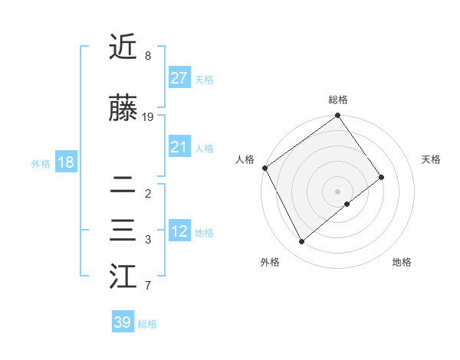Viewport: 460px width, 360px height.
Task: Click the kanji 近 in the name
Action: click(123, 47)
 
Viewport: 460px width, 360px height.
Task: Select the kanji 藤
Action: click(123, 110)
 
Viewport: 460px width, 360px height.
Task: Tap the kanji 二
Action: click(123, 185)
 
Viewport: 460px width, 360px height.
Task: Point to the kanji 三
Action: click(123, 231)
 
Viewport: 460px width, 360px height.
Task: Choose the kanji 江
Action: click(123, 277)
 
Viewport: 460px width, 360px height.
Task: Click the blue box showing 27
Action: click(179, 77)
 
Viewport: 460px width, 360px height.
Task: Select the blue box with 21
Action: click(179, 147)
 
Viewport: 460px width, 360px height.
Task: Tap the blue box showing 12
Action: click(179, 231)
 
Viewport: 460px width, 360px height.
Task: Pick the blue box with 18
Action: click(65, 162)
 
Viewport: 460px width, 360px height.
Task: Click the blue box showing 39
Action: click(123, 322)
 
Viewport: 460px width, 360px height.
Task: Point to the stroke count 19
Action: click(148, 117)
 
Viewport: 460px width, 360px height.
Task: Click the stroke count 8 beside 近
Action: click(147, 56)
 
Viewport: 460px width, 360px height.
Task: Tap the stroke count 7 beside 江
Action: click(147, 286)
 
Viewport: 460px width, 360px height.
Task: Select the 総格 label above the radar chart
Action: click(337, 100)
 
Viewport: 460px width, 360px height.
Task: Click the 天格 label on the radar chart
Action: click(431, 159)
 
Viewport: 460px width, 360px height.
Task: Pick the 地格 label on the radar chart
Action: click(402, 262)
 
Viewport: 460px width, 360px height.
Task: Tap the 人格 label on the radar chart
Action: click(245, 159)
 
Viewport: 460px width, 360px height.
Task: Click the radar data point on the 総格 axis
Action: click(337, 116)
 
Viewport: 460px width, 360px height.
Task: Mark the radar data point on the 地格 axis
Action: click(347, 204)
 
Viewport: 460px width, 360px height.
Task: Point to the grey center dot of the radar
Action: click(337, 191)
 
